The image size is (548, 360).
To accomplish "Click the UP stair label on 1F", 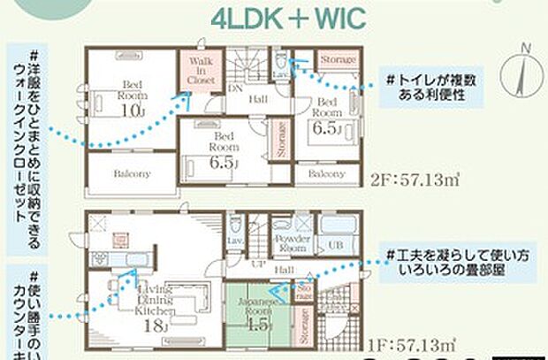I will point(259,264).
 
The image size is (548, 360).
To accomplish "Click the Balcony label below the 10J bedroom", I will point(131,174).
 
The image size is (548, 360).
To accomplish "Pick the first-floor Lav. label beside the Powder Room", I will point(237,241).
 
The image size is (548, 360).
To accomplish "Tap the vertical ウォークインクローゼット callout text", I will point(34,142).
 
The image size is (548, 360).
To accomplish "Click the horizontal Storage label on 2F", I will point(338,58).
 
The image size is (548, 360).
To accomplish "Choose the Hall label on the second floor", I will point(257,99).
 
